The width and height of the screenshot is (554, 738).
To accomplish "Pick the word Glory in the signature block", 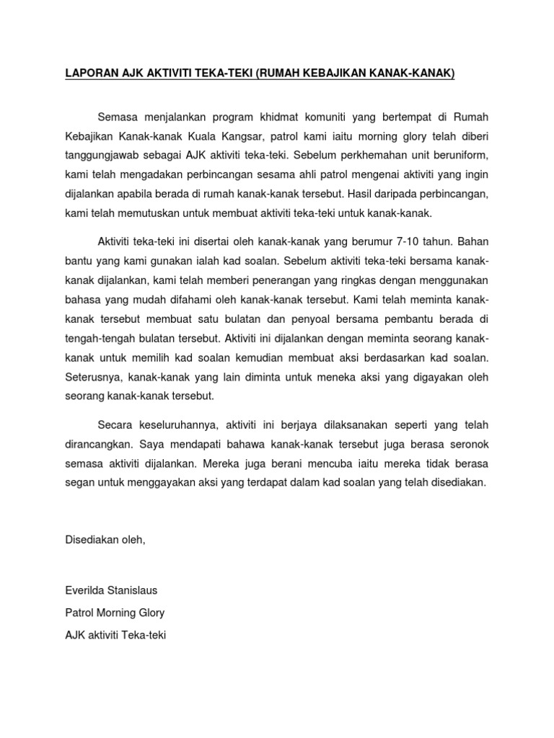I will click(x=149, y=613).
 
